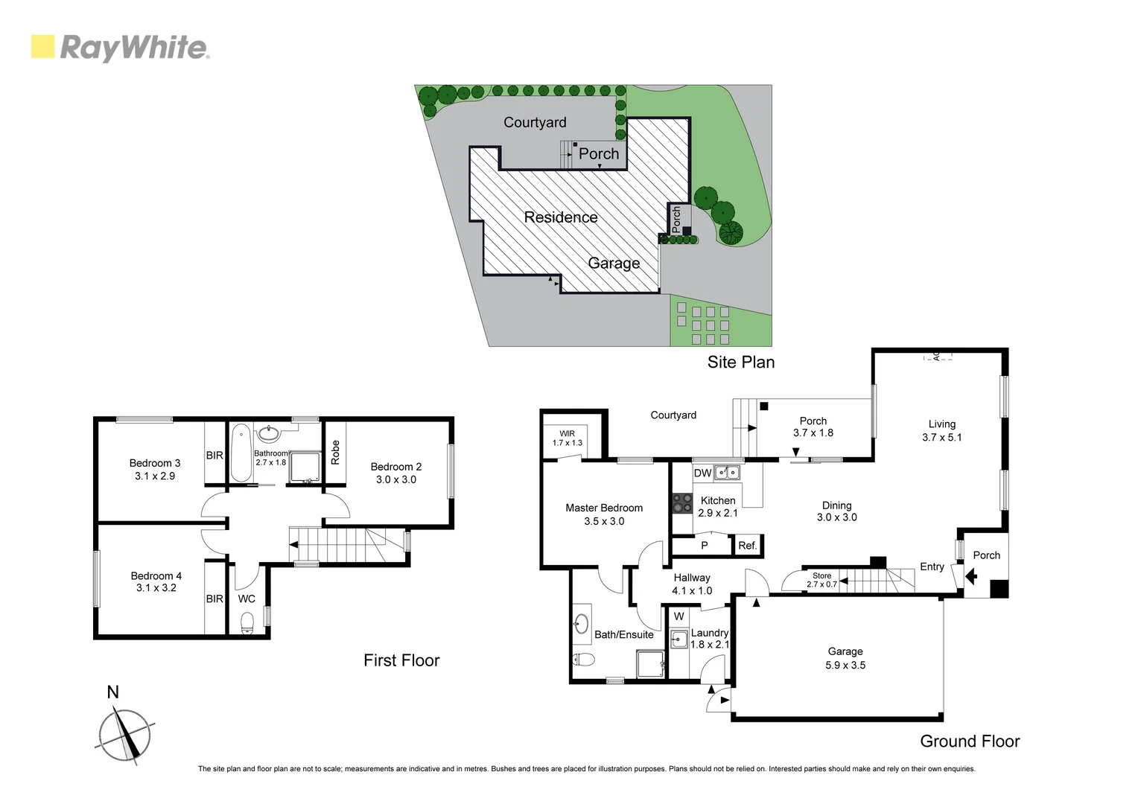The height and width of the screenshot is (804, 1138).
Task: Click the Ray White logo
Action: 120,48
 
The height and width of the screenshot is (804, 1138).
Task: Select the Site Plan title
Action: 740,362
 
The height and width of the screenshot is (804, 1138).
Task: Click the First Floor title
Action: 401,660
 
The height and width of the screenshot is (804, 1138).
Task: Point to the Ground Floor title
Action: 970,741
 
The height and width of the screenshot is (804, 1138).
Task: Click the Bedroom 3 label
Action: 155,463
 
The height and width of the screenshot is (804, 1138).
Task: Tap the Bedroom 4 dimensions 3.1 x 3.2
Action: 156,587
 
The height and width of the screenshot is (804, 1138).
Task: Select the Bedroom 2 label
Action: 396,467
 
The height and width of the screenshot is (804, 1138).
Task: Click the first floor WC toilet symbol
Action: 247,622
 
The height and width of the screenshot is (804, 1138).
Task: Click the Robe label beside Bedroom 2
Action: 335,453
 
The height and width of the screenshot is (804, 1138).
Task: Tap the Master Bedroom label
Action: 604,508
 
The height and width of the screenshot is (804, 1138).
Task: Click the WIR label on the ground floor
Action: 567,433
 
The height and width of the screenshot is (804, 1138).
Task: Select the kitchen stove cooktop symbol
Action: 682,504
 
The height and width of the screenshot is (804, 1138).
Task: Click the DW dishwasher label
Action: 702,473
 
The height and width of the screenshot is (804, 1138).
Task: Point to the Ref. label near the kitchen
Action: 747,546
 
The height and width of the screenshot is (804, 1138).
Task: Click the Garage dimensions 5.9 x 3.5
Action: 845,666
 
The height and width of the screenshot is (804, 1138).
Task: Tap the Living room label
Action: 941,424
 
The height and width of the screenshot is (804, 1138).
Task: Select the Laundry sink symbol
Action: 678,639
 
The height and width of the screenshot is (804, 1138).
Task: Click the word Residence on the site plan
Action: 561,217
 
